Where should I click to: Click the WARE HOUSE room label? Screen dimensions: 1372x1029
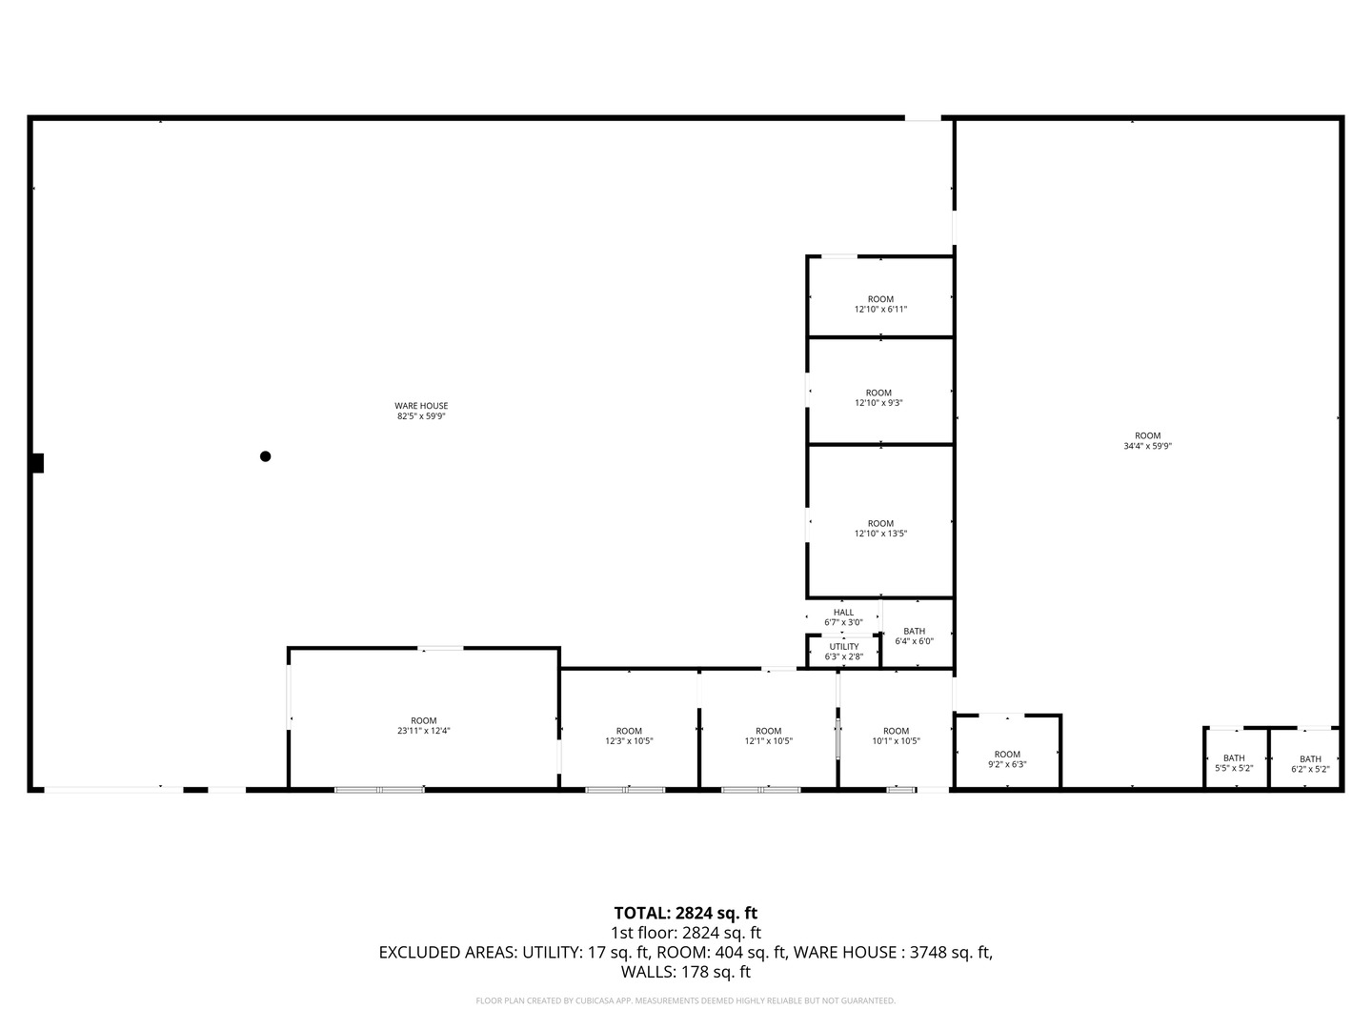coord(421,406)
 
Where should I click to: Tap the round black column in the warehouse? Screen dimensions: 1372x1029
coord(265,456)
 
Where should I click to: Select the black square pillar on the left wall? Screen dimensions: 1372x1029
coord(37,463)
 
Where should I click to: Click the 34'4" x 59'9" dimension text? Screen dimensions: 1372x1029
coord(1147,446)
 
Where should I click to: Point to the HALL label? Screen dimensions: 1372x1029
coord(843,613)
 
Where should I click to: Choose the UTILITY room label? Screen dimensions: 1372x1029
coord(844,647)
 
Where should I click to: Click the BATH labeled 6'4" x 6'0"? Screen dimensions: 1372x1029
coord(914,636)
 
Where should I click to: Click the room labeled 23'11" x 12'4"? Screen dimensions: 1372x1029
coord(423,725)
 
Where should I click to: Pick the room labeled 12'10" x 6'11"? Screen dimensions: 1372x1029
coord(880,304)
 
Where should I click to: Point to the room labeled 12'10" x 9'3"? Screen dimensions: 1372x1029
coord(878,397)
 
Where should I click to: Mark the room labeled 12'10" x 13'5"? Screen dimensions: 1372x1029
coord(880,528)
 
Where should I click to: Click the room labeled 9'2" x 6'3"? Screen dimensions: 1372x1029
coord(1007,759)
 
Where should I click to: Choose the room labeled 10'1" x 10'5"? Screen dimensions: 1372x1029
coord(896,736)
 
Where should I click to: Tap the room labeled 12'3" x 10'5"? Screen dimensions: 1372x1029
coord(629,736)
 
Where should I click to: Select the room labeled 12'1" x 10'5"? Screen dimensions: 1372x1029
coord(768,736)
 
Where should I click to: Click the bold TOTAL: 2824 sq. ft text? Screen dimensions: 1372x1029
coord(686,913)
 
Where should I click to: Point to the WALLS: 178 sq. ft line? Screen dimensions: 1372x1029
coord(686,972)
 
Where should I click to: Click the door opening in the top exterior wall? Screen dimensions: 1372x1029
coord(922,118)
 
